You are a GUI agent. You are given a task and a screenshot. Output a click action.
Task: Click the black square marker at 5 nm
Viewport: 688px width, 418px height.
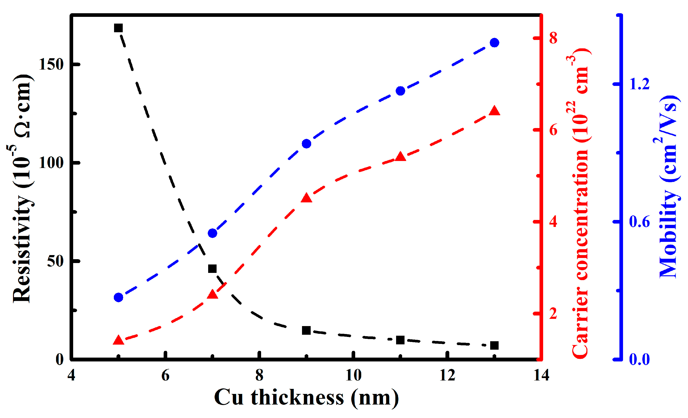point(118,28)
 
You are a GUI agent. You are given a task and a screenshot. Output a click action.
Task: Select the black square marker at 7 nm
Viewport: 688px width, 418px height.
point(212,269)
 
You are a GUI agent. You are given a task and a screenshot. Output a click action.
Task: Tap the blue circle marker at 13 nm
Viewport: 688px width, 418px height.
point(495,43)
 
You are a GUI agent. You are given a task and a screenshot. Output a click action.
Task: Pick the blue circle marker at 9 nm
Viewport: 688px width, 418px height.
point(307,144)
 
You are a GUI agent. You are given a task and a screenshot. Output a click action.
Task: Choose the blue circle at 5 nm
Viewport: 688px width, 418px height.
point(118,297)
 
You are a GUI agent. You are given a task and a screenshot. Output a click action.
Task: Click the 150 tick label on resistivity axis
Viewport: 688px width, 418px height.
point(51,64)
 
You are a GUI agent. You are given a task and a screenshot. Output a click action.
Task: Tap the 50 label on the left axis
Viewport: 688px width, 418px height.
point(56,261)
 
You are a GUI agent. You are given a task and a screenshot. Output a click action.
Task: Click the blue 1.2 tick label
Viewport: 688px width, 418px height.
point(639,84)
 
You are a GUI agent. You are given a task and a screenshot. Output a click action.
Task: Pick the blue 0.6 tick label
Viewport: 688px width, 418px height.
point(639,222)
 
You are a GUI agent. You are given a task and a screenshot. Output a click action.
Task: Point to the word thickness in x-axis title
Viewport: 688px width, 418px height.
point(297,398)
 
